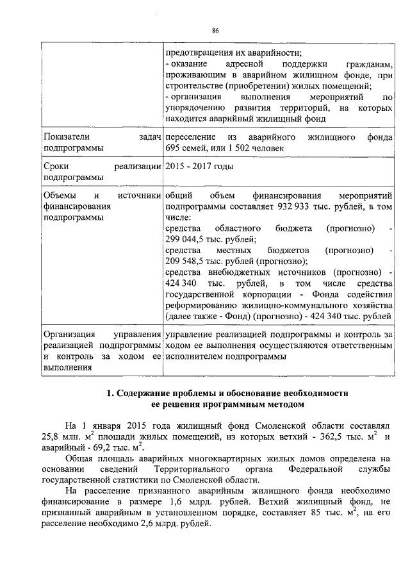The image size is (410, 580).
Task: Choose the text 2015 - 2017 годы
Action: tap(199, 167)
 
